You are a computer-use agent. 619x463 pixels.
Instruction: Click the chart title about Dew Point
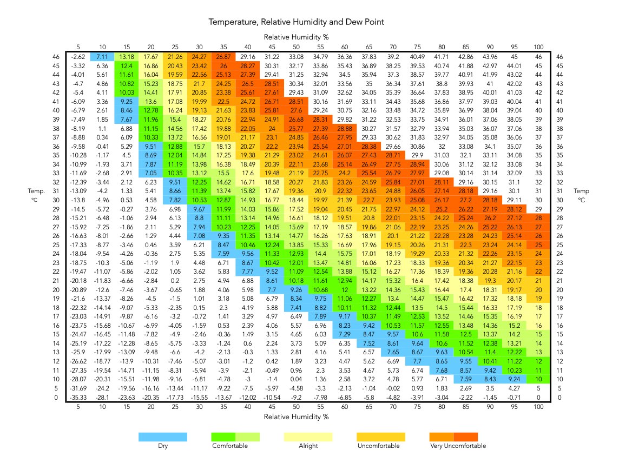296,22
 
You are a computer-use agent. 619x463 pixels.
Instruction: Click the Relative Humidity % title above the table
296,37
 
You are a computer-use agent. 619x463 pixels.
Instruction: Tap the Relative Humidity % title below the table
296,417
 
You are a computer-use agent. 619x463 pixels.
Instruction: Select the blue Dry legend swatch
163,437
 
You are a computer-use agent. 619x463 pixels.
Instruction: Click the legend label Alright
308,446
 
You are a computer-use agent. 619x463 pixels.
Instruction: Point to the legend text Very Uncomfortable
458,446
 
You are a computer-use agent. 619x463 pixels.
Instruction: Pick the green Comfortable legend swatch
236,437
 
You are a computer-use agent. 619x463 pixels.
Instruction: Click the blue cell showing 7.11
102,57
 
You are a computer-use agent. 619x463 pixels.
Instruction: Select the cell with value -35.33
78,398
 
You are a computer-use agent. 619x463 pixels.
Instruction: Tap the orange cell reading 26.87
223,57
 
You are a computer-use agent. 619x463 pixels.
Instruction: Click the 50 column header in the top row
296,47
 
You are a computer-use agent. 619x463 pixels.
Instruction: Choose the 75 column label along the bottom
417,407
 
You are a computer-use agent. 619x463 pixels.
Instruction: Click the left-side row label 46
56,57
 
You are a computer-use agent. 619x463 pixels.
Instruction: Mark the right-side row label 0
559,398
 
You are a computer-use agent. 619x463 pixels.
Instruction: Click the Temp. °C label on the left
36,195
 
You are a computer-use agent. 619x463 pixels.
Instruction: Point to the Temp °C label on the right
581,195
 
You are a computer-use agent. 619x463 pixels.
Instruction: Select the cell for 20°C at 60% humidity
345,290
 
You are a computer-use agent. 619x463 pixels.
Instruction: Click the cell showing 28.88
345,129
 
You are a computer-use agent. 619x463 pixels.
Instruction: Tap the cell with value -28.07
78,379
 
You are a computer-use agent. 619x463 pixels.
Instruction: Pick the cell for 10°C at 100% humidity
538,379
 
